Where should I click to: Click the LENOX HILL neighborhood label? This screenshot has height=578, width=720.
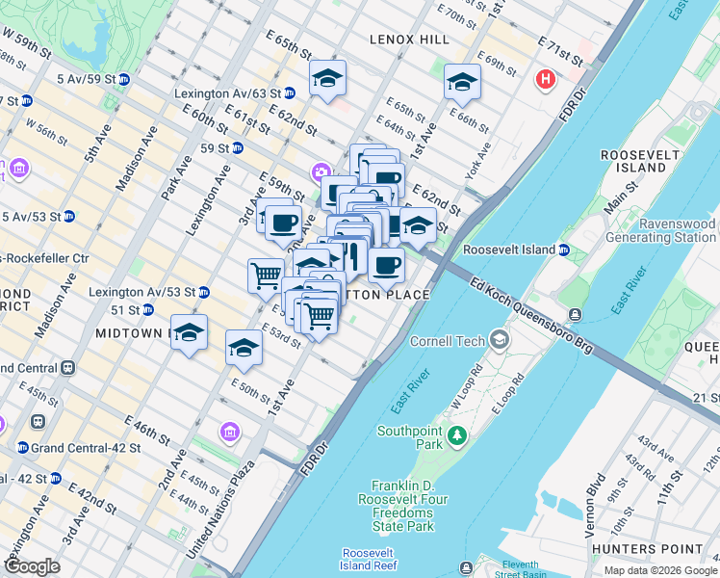pyautogui.click(x=409, y=39)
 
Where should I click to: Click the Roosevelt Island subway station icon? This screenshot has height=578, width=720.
pyautogui.click(x=564, y=250)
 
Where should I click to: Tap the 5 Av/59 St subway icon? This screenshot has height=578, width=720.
pyautogui.click(x=124, y=79)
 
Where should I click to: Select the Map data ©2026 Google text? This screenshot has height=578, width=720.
pyautogui.click(x=659, y=570)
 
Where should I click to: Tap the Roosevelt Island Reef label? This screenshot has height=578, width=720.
pyautogui.click(x=370, y=559)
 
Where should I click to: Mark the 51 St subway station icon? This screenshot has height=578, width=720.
pyautogui.click(x=147, y=310)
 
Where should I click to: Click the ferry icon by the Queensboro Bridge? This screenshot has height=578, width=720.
pyautogui.click(x=575, y=314)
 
